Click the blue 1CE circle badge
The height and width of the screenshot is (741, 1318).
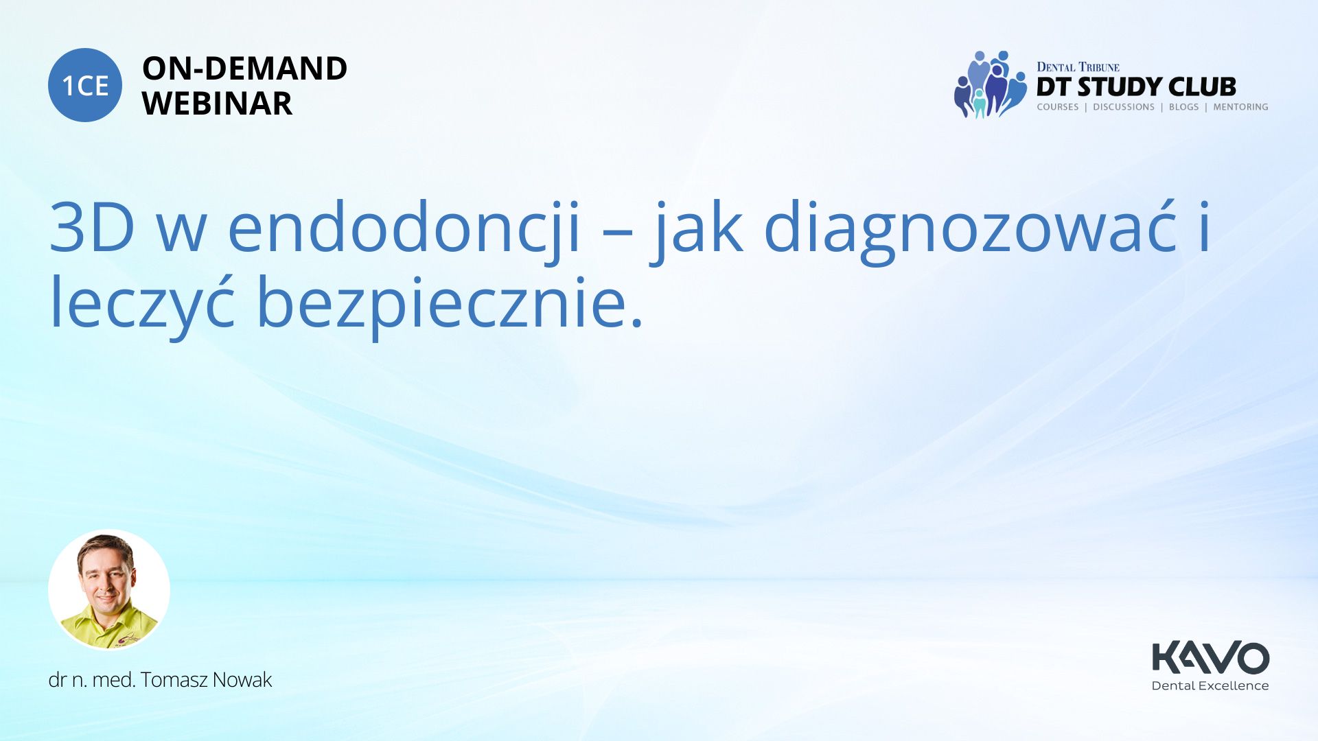[x=85, y=85]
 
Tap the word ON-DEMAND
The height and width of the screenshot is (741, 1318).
[x=244, y=69]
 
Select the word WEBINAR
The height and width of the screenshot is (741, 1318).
[x=217, y=104]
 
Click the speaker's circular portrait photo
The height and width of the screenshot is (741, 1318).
[x=109, y=590]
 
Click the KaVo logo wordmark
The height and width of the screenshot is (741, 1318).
[x=1210, y=658]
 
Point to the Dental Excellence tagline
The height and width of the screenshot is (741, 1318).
[x=1210, y=685]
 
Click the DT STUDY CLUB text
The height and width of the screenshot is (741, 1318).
[x=1136, y=86]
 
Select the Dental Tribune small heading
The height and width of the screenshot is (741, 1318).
[x=1078, y=67]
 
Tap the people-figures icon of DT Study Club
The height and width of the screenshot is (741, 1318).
[x=989, y=84]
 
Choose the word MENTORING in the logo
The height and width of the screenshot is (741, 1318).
[x=1240, y=107]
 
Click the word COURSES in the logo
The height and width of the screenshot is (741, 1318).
[x=1057, y=107]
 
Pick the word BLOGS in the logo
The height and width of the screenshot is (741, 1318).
[x=1183, y=107]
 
